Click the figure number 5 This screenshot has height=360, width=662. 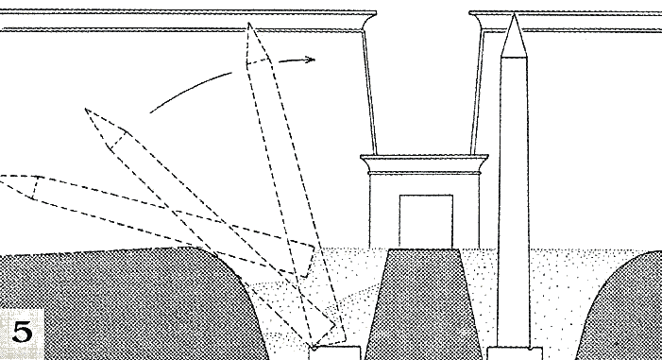click(x=22, y=332)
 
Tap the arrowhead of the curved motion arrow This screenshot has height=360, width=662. click(x=311, y=60)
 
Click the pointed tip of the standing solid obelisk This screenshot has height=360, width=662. click(x=514, y=14)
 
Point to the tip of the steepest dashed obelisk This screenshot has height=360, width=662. click(x=249, y=24)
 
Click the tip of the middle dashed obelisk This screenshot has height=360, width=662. click(x=86, y=110)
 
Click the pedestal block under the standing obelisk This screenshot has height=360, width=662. click(x=515, y=353)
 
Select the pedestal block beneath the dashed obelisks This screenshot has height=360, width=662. click(x=335, y=353)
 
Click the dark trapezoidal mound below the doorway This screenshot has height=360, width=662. click(x=423, y=304)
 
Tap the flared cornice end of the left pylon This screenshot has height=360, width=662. click(x=368, y=20)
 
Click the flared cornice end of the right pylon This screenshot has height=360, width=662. click(x=478, y=20)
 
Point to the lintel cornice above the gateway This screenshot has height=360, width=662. click(x=424, y=164)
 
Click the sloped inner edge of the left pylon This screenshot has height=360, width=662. click(x=369, y=92)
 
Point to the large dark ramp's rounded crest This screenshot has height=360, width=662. click(x=190, y=250)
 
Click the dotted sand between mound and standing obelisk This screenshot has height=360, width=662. click(x=485, y=296)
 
